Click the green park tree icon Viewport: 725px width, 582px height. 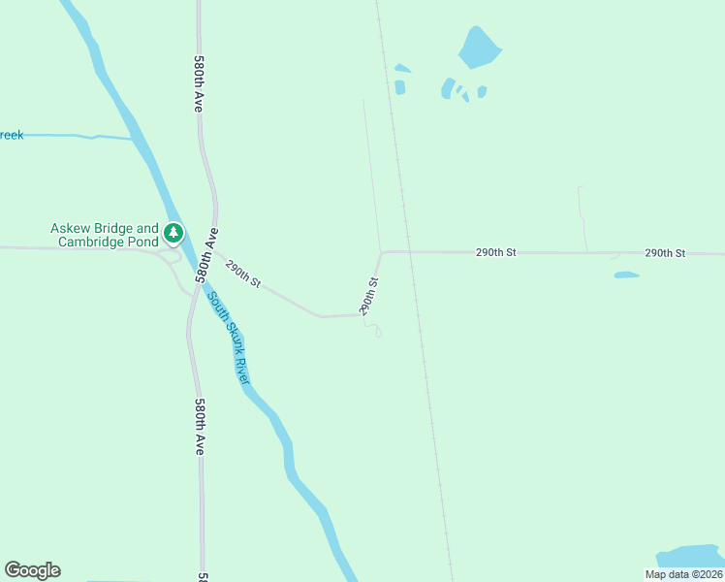tap(173, 233)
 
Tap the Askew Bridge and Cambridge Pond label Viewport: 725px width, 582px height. tap(105, 235)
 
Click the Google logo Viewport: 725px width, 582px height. tap(32, 570)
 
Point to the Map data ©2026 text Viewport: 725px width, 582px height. tap(684, 574)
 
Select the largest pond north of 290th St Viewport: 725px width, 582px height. tap(479, 47)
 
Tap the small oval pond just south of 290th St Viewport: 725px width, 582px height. tap(626, 275)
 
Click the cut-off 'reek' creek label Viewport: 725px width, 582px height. tap(11, 135)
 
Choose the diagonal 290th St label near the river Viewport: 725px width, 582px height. tap(243, 272)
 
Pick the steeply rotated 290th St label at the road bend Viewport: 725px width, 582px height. tap(368, 296)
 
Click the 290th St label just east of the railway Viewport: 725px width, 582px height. tap(495, 252)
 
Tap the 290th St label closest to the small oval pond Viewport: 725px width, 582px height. tap(665, 252)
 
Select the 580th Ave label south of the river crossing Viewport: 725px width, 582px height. tap(199, 427)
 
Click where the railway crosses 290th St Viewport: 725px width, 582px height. tap(408, 252)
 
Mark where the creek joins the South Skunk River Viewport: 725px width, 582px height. tap(135, 140)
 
